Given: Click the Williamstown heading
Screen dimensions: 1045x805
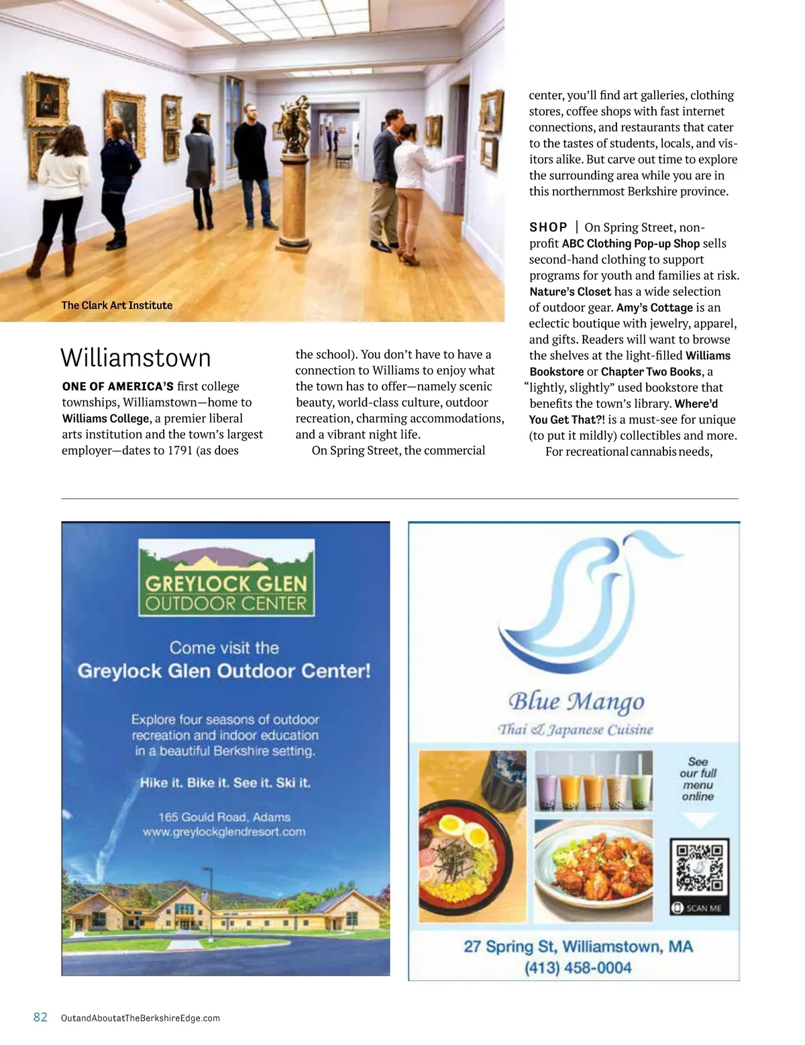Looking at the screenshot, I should click(136, 358).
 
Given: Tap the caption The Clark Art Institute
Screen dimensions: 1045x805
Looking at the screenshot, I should click(117, 305).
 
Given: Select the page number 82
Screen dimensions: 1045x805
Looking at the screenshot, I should click(40, 1017).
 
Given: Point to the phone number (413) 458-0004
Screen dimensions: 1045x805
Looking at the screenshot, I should click(578, 968).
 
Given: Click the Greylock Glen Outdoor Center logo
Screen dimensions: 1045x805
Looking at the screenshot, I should click(227, 578).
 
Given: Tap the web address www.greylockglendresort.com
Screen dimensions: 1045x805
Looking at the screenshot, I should click(224, 832).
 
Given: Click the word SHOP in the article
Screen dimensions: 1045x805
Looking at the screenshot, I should click(548, 227).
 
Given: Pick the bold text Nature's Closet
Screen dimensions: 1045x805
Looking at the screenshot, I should click(570, 292).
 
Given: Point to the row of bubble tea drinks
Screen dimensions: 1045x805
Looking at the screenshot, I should click(593, 781).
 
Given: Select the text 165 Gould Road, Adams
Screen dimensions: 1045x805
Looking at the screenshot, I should click(224, 817).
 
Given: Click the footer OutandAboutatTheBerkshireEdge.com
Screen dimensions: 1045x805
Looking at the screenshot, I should click(140, 1018).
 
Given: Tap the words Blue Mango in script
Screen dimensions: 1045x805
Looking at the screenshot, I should click(576, 702).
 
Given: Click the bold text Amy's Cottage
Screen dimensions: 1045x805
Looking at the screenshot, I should click(654, 308).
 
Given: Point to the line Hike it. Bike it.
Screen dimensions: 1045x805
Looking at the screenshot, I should click(225, 783).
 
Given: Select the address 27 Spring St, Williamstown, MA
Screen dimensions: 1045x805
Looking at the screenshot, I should click(578, 947).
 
